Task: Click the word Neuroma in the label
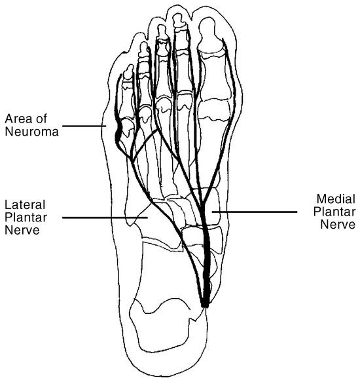[31, 132]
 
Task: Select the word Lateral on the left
[25, 204]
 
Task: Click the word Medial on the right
[336, 199]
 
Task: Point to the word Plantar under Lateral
[26, 218]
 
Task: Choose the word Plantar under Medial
[334, 212]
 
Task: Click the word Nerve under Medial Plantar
[338, 224]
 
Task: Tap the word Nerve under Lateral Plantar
[22, 230]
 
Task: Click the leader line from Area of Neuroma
[84, 126]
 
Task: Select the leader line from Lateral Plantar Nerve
[105, 218]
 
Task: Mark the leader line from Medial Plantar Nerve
[255, 212]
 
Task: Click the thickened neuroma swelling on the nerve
[118, 134]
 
